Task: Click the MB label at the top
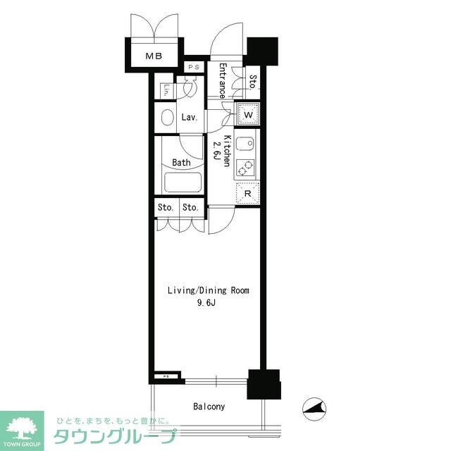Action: (153, 56)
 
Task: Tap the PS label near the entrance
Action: (194, 68)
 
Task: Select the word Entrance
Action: (222, 80)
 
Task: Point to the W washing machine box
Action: (248, 113)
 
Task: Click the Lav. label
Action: (189, 118)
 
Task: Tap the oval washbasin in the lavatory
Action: (167, 117)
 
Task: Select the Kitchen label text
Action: (228, 150)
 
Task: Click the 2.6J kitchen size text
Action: (216, 151)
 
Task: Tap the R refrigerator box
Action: (247, 192)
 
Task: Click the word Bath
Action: (181, 163)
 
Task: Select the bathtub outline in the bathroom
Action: (183, 183)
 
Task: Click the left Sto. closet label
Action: (165, 208)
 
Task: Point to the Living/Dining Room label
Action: (208, 290)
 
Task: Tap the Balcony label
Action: (209, 407)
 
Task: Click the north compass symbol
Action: (314, 407)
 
